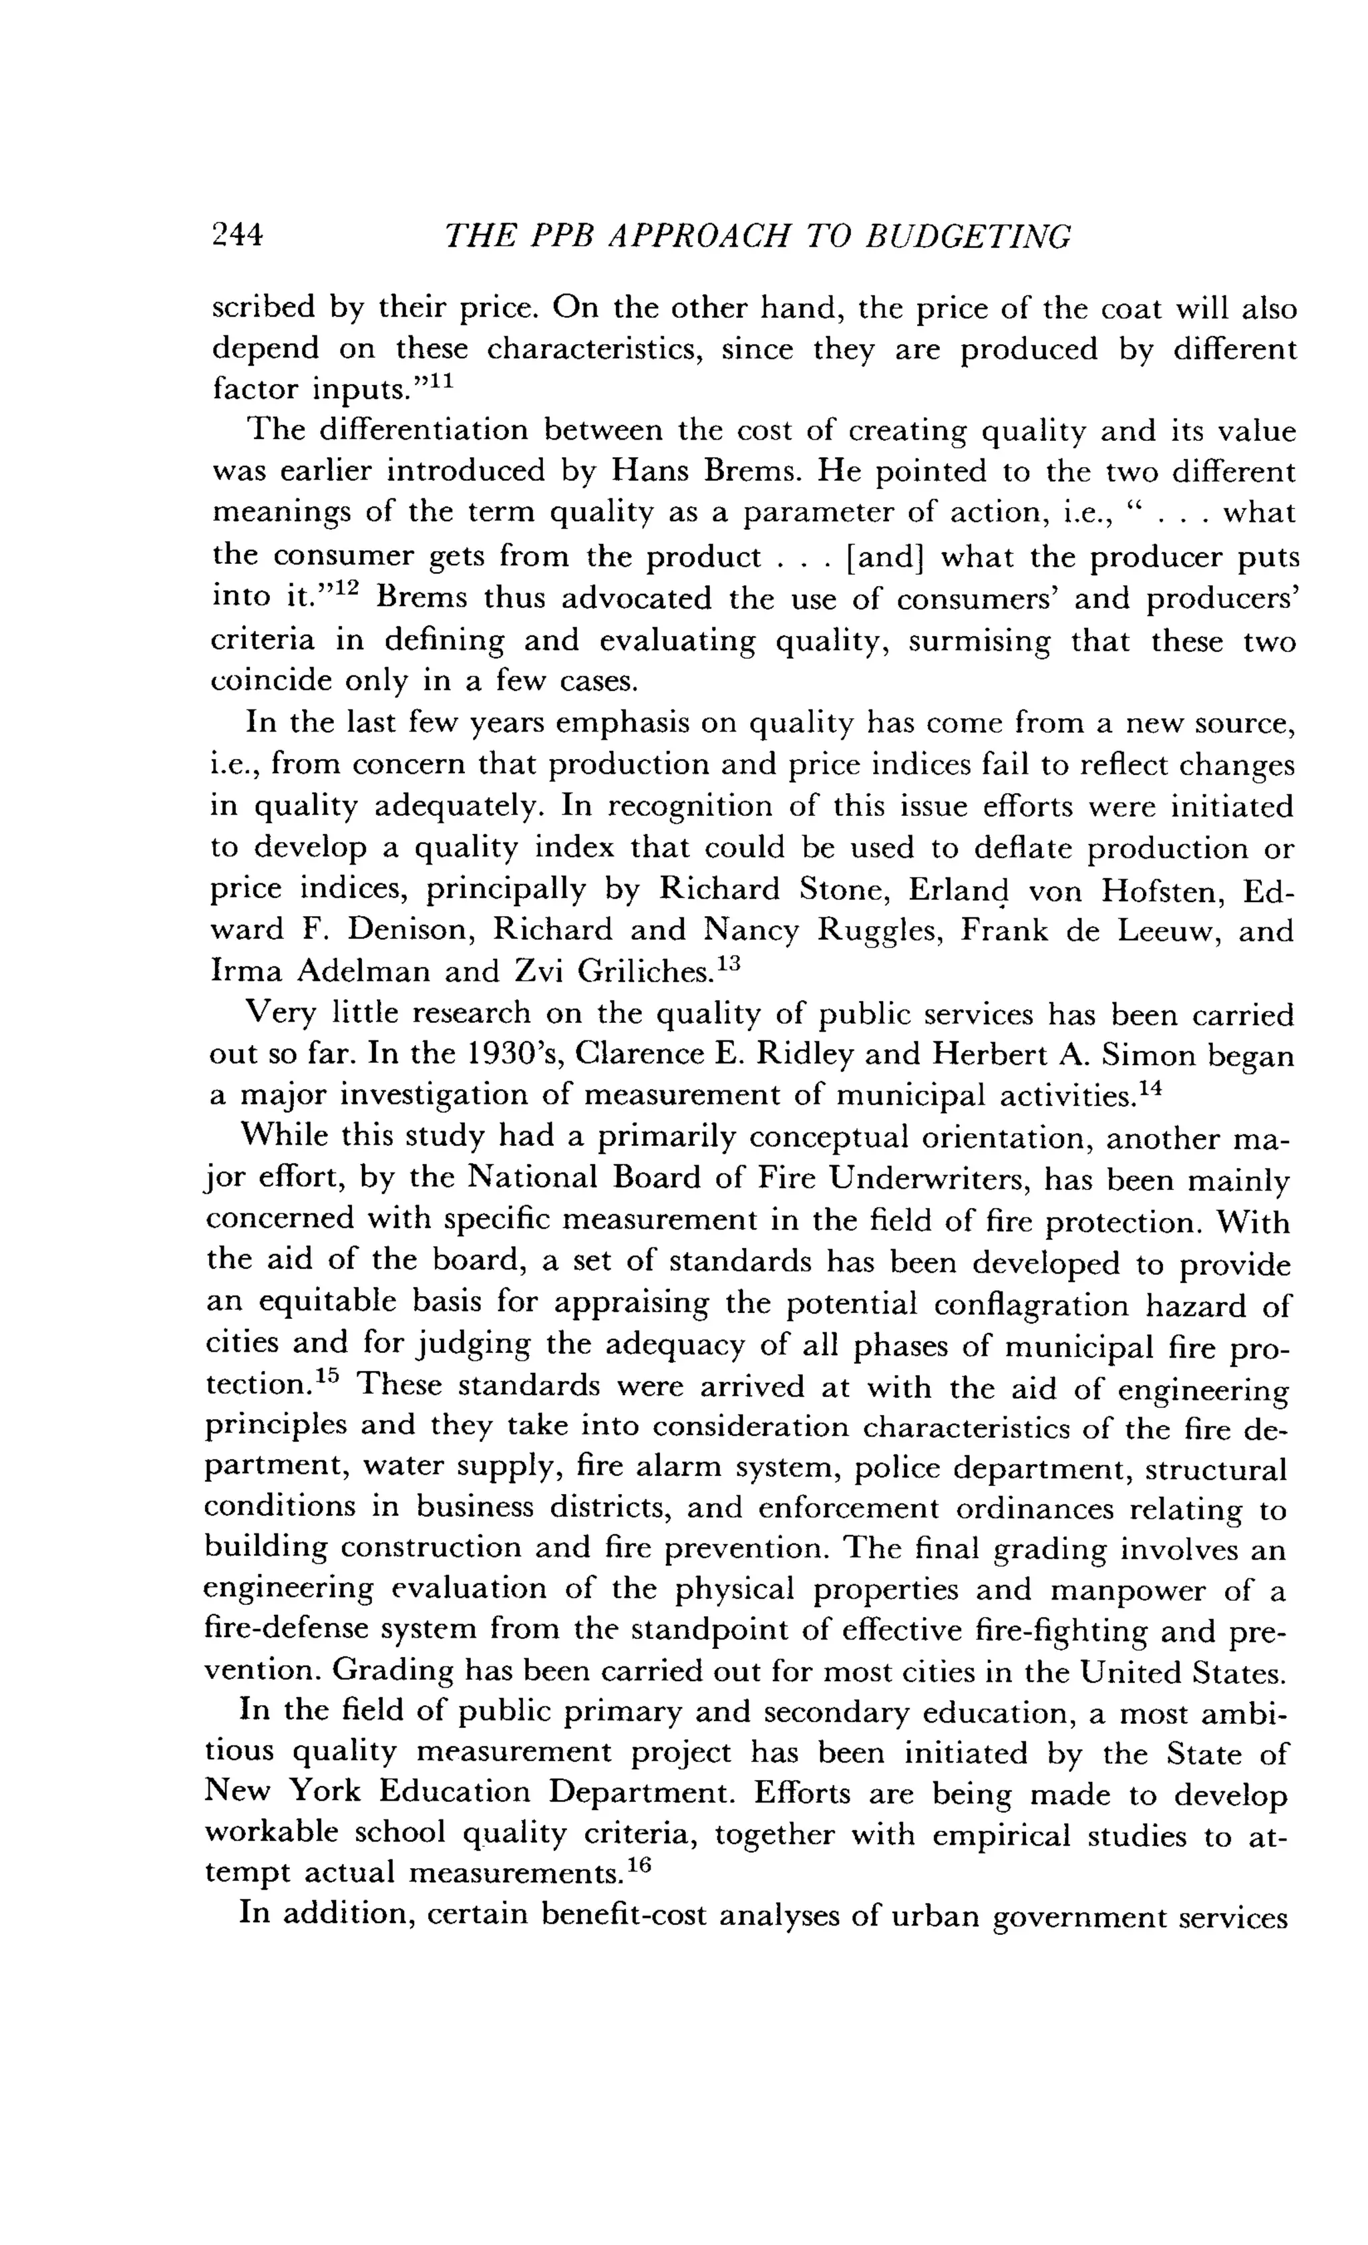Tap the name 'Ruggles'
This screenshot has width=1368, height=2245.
[882, 931]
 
